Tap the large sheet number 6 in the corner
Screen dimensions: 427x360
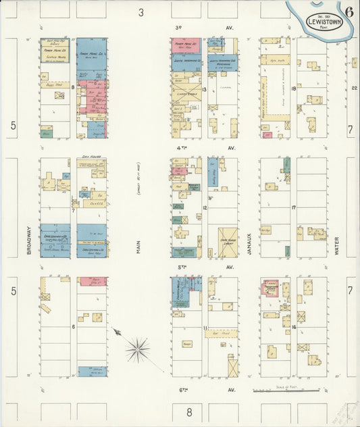[x=349, y=11]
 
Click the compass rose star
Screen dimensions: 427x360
[x=138, y=349]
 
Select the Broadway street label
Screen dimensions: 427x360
[x=29, y=241]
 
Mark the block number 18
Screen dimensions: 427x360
[x=294, y=88]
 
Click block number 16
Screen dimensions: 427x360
[x=294, y=326]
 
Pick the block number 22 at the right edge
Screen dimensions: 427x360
[x=354, y=88]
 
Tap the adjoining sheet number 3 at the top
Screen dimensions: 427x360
[x=141, y=11]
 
